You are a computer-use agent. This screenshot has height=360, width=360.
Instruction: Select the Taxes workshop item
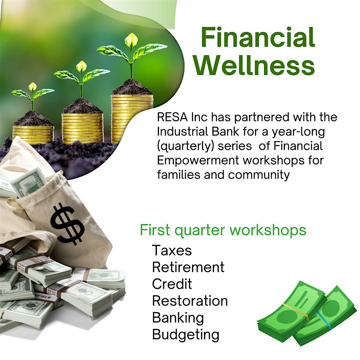point(172,250)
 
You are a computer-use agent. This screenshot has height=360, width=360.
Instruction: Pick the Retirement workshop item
point(188,267)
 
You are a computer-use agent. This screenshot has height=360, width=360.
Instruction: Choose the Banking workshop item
point(178,317)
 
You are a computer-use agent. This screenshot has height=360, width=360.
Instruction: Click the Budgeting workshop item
point(186,334)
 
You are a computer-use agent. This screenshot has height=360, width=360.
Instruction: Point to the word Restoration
point(190,301)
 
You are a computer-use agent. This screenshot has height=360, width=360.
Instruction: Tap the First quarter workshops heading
point(223,230)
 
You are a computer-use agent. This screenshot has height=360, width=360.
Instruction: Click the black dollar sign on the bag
point(67,223)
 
